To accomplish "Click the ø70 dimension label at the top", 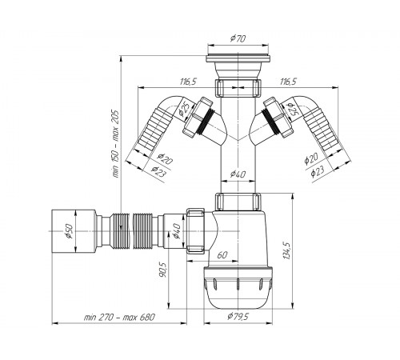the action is (238, 39).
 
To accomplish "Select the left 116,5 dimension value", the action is (188, 82).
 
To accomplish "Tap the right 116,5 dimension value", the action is (288, 82).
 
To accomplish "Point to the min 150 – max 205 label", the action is (115, 144).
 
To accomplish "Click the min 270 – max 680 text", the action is (119, 318).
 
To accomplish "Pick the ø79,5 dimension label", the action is (238, 317).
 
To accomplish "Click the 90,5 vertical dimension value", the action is (162, 270).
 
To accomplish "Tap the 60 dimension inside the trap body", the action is (222, 255).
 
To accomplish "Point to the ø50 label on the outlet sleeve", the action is (69, 231).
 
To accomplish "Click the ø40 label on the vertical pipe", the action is (238, 174).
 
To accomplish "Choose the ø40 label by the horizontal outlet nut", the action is (176, 230).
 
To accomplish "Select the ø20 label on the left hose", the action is (165, 159).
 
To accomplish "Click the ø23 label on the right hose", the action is (318, 171).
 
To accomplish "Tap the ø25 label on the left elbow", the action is (184, 109).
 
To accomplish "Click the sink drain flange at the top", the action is (238, 58).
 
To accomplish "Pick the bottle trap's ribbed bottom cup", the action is (238, 287).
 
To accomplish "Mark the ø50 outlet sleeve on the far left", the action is (74, 231).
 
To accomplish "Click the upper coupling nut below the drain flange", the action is (238, 88).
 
